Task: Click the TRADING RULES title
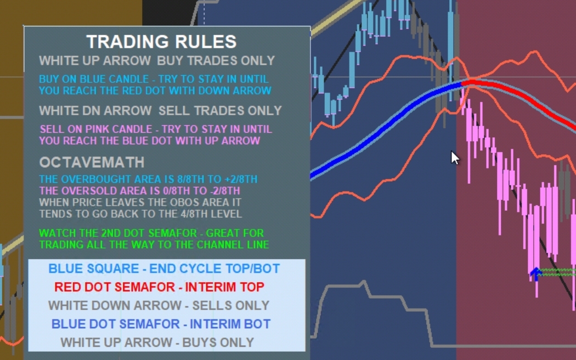pos(161,42)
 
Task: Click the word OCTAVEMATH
pos(92,162)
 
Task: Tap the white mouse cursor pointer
pos(455,157)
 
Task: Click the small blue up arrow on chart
pos(536,274)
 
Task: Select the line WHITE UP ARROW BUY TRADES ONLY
pos(157,60)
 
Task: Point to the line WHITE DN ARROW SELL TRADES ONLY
pos(161,110)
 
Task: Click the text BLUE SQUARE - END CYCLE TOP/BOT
pos(164,268)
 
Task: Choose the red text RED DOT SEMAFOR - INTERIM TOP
pos(160,287)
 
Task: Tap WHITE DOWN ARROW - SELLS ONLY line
pos(159,305)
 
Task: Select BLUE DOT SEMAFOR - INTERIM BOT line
pos(161,324)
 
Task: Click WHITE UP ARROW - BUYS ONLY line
pos(157,342)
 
